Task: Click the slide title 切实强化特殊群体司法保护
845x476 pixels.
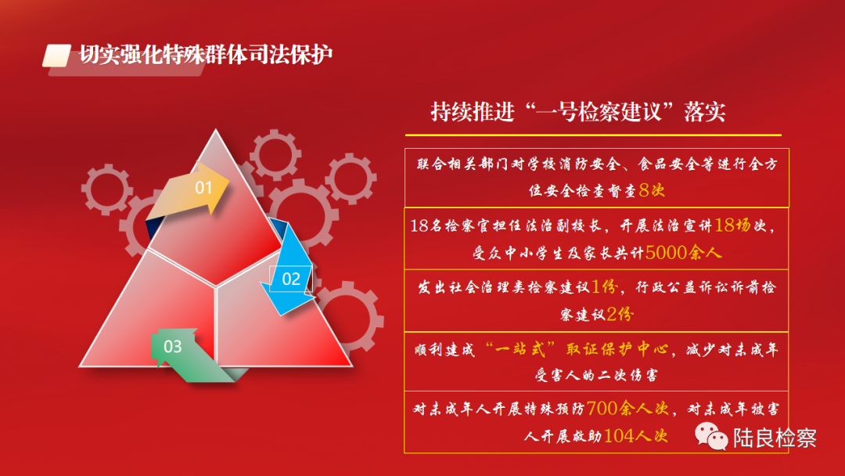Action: click(x=206, y=56)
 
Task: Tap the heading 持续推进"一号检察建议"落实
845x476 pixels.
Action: click(x=578, y=111)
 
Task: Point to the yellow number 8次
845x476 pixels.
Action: click(x=652, y=189)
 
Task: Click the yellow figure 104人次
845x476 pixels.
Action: click(x=635, y=436)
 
